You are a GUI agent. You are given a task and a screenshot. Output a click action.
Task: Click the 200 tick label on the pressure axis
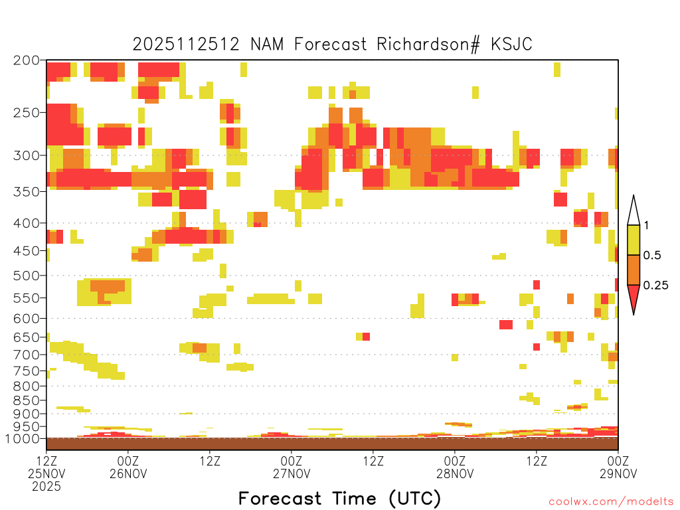pyautogui.click(x=27, y=60)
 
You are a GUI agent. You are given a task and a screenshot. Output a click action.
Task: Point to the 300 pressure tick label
pyautogui.click(x=27, y=155)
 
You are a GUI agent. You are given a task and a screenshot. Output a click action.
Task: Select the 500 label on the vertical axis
pyautogui.click(x=27, y=276)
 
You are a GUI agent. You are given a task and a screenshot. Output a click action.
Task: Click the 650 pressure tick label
pyautogui.click(x=27, y=337)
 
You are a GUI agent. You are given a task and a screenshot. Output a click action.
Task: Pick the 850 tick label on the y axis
pyautogui.click(x=27, y=400)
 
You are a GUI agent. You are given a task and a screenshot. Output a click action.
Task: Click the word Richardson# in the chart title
pyautogui.click(x=428, y=44)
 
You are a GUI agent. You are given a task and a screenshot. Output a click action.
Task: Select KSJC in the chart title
pyautogui.click(x=511, y=44)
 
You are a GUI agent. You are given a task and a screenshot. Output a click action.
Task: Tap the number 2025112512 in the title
pyautogui.click(x=186, y=44)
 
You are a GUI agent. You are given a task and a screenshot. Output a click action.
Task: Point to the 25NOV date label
pyautogui.click(x=46, y=473)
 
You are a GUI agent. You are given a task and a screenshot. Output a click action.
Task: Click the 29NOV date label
pyautogui.click(x=618, y=473)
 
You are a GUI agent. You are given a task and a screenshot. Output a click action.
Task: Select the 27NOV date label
pyautogui.click(x=292, y=473)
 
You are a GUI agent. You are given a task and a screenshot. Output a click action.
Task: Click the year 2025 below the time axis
pyautogui.click(x=46, y=487)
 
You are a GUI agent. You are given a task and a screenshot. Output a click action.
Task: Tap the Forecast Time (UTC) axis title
pyautogui.click(x=339, y=499)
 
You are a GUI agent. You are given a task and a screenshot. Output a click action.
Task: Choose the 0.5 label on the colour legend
pyautogui.click(x=652, y=256)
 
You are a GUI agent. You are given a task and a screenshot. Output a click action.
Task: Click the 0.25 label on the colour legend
pyautogui.click(x=655, y=286)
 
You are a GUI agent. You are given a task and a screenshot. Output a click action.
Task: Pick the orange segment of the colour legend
pyautogui.click(x=634, y=270)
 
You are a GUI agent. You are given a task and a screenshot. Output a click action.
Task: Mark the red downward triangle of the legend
pyautogui.click(x=634, y=296)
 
